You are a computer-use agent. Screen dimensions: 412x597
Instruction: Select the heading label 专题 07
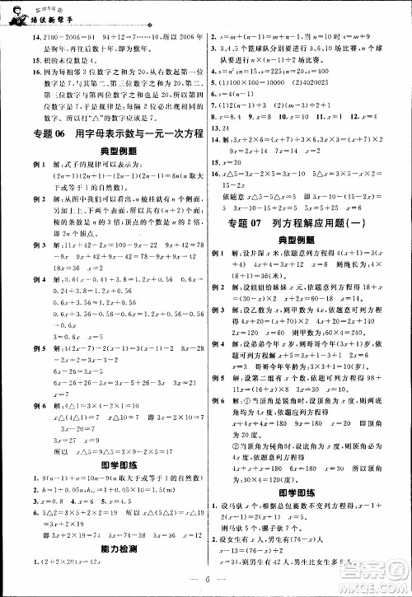(239, 224)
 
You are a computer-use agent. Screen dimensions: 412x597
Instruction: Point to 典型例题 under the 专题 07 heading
(308, 250)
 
